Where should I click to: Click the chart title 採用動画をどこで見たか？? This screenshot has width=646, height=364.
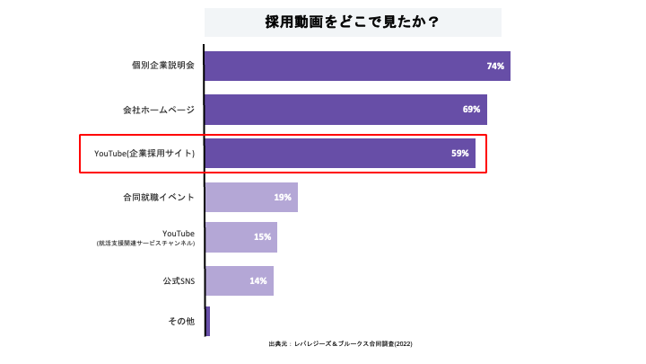point(352,22)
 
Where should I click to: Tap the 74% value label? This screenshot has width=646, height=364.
point(495,67)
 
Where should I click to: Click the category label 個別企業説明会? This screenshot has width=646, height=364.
point(162,66)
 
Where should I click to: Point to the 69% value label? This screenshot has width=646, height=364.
point(472,110)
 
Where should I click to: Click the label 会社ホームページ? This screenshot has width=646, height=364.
point(158,110)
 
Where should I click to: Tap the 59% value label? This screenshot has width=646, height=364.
point(460,154)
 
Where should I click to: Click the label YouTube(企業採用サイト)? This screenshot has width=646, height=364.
point(144,154)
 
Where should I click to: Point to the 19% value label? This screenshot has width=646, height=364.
point(283,197)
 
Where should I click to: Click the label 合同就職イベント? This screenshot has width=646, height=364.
point(158,197)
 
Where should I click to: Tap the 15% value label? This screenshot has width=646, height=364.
point(262,237)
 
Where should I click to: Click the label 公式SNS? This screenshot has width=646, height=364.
point(179,280)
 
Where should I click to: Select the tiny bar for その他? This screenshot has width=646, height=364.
point(207,321)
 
